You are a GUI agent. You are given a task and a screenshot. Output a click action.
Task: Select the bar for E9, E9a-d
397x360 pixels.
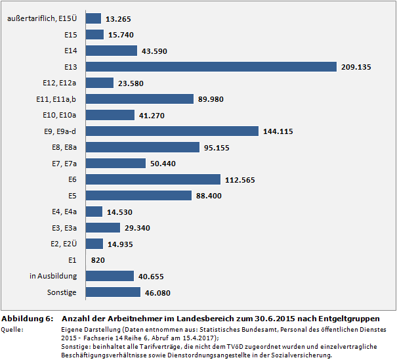point(172,131)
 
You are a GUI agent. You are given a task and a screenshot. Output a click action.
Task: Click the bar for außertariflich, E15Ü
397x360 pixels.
point(93,18)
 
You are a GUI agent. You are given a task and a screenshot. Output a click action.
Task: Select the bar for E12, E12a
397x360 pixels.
point(100,83)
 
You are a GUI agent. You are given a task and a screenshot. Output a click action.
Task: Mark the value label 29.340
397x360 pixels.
point(138,228)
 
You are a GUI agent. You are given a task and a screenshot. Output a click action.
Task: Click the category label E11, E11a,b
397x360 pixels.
point(57,99)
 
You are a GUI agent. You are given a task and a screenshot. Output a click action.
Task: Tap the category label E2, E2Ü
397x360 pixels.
point(63,244)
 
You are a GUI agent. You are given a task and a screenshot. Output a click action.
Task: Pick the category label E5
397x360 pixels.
point(72,195)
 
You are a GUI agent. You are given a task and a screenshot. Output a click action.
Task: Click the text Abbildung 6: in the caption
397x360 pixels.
point(27,318)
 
